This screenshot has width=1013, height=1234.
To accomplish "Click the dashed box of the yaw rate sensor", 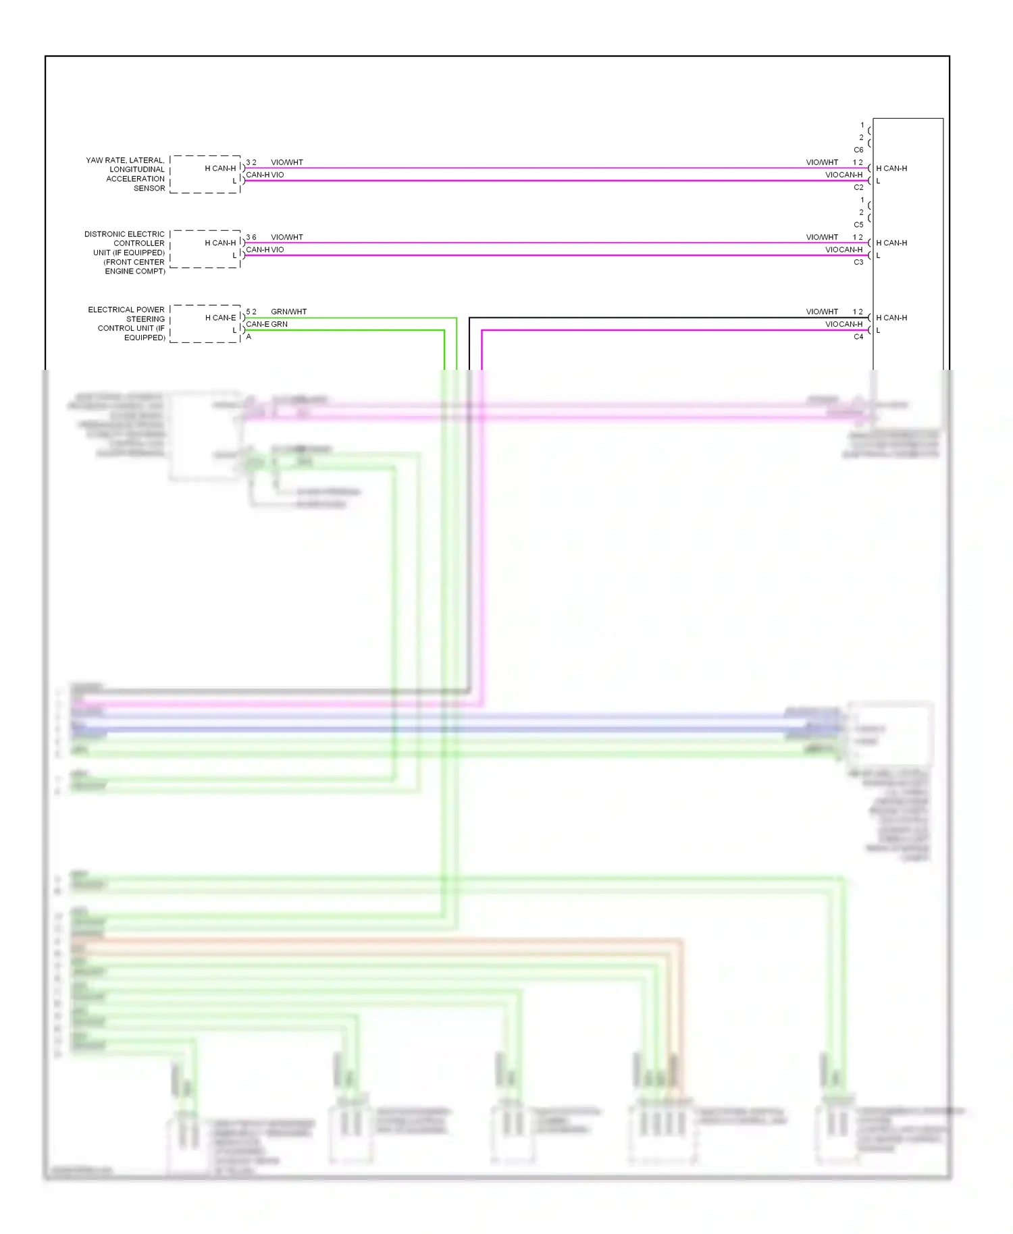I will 205,174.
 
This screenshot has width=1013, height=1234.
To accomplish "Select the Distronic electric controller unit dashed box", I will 205,249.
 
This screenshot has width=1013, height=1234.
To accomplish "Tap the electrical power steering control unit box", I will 205,324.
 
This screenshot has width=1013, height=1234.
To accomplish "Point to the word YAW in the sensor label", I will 94,161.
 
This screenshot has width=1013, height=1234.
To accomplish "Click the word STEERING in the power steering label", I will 145,319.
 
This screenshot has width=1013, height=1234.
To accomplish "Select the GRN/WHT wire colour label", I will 288,312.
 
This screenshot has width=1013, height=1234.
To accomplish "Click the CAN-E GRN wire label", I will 267,324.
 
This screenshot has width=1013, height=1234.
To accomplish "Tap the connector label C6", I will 858,150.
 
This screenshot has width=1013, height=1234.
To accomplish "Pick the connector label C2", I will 858,187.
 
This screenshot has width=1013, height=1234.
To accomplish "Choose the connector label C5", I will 858,225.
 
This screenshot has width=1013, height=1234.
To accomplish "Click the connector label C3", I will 858,262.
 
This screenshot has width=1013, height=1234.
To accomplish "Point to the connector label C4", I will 858,336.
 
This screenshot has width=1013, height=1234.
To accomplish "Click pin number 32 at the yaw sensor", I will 251,163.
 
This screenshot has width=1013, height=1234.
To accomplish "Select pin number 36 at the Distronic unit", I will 251,238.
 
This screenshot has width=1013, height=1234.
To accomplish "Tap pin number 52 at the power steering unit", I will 251,312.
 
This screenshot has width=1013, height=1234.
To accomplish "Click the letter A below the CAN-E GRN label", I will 249,336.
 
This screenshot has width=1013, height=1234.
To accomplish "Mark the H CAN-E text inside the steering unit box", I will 221,318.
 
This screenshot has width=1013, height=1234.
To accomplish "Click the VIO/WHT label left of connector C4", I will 822,312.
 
